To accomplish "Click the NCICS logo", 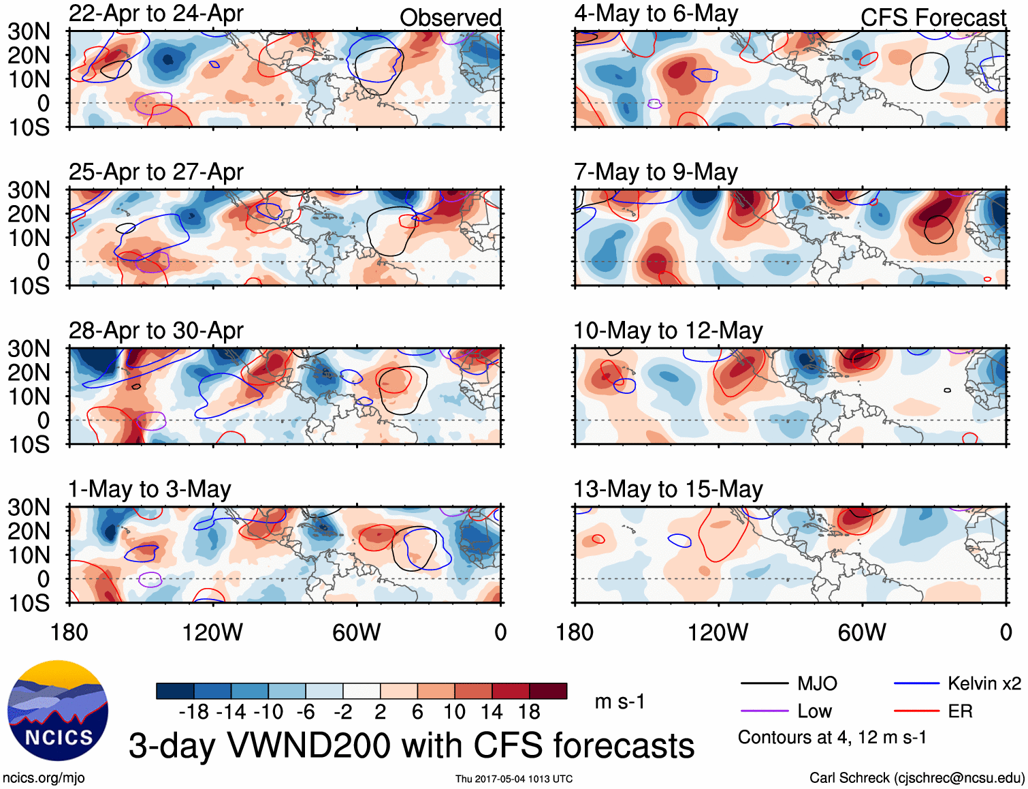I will (58, 711).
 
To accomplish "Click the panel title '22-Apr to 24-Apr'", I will (156, 14).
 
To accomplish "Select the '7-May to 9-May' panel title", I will (656, 172).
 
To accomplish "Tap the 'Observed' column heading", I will (450, 18).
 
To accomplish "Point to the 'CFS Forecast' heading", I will (933, 18).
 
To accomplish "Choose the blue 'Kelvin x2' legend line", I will (916, 683).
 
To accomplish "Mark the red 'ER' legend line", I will (916, 711).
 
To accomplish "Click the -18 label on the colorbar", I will (193, 712).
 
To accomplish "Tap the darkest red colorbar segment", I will (548, 691).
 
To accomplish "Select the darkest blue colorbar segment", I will (175, 691).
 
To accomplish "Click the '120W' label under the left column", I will (212, 632).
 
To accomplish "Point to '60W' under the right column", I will (862, 632).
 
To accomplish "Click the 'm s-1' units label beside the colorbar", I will (620, 702).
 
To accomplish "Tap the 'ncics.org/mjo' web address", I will (44, 778).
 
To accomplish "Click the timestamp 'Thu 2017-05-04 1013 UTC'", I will (514, 779).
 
